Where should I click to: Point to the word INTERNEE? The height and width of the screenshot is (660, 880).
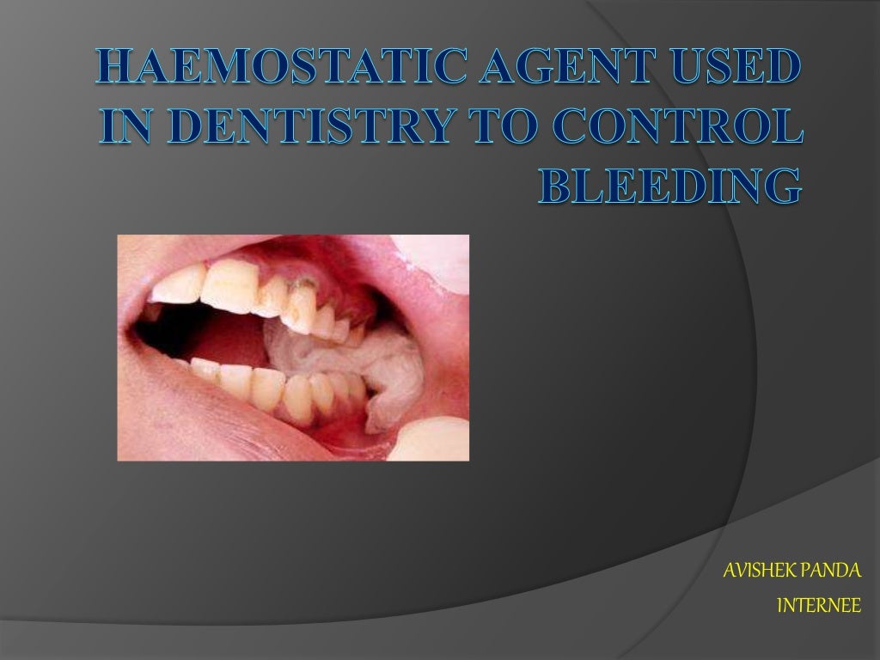817,606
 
